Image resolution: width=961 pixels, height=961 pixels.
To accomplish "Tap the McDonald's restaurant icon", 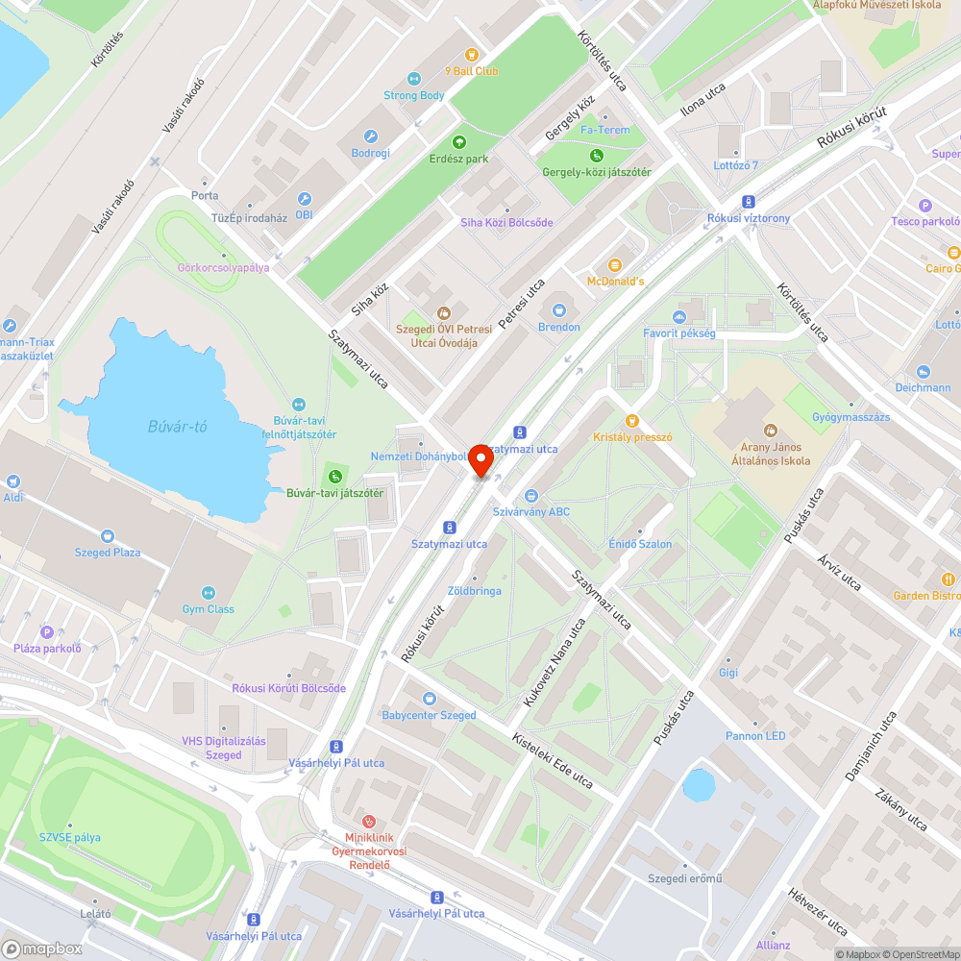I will (615, 264).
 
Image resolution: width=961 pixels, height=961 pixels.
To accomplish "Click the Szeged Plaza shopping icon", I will (107, 535).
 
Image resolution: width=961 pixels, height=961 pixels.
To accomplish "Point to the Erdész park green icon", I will (458, 141).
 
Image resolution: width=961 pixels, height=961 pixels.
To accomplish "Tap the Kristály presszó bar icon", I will (631, 420).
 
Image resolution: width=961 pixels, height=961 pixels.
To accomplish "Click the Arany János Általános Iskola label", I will (770, 454).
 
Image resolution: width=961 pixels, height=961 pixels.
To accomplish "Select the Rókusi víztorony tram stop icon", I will (749, 202).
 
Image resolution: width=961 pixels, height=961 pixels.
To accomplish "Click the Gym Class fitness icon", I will (209, 593).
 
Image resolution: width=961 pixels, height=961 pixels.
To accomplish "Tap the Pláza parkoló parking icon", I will (47, 631).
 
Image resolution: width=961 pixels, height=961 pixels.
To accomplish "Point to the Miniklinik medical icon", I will (368, 822).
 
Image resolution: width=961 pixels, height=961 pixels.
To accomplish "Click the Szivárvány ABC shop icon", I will (530, 496).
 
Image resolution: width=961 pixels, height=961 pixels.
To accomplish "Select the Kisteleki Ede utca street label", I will (552, 764).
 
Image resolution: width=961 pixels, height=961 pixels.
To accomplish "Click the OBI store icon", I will (305, 199).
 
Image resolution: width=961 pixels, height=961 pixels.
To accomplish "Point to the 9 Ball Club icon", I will (471, 55).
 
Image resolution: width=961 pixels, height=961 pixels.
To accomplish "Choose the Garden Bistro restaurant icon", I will (949, 579).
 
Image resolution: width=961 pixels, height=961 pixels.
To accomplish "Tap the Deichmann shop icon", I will (924, 372).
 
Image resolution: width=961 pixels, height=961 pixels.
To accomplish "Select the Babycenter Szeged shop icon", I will (429, 699).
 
